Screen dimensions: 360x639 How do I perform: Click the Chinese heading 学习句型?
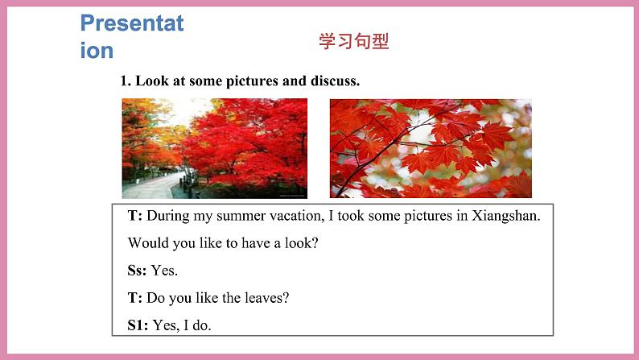(353, 42)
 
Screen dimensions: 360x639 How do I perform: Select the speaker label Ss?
(137, 271)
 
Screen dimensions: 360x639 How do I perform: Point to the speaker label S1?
(138, 325)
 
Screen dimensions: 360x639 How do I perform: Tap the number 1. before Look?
(125, 81)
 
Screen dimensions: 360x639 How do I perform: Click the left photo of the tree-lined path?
(214, 148)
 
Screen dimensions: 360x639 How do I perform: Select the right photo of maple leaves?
(431, 148)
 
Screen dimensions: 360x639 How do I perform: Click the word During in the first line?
(171, 216)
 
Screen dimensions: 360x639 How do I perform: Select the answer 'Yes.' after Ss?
(164, 271)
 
